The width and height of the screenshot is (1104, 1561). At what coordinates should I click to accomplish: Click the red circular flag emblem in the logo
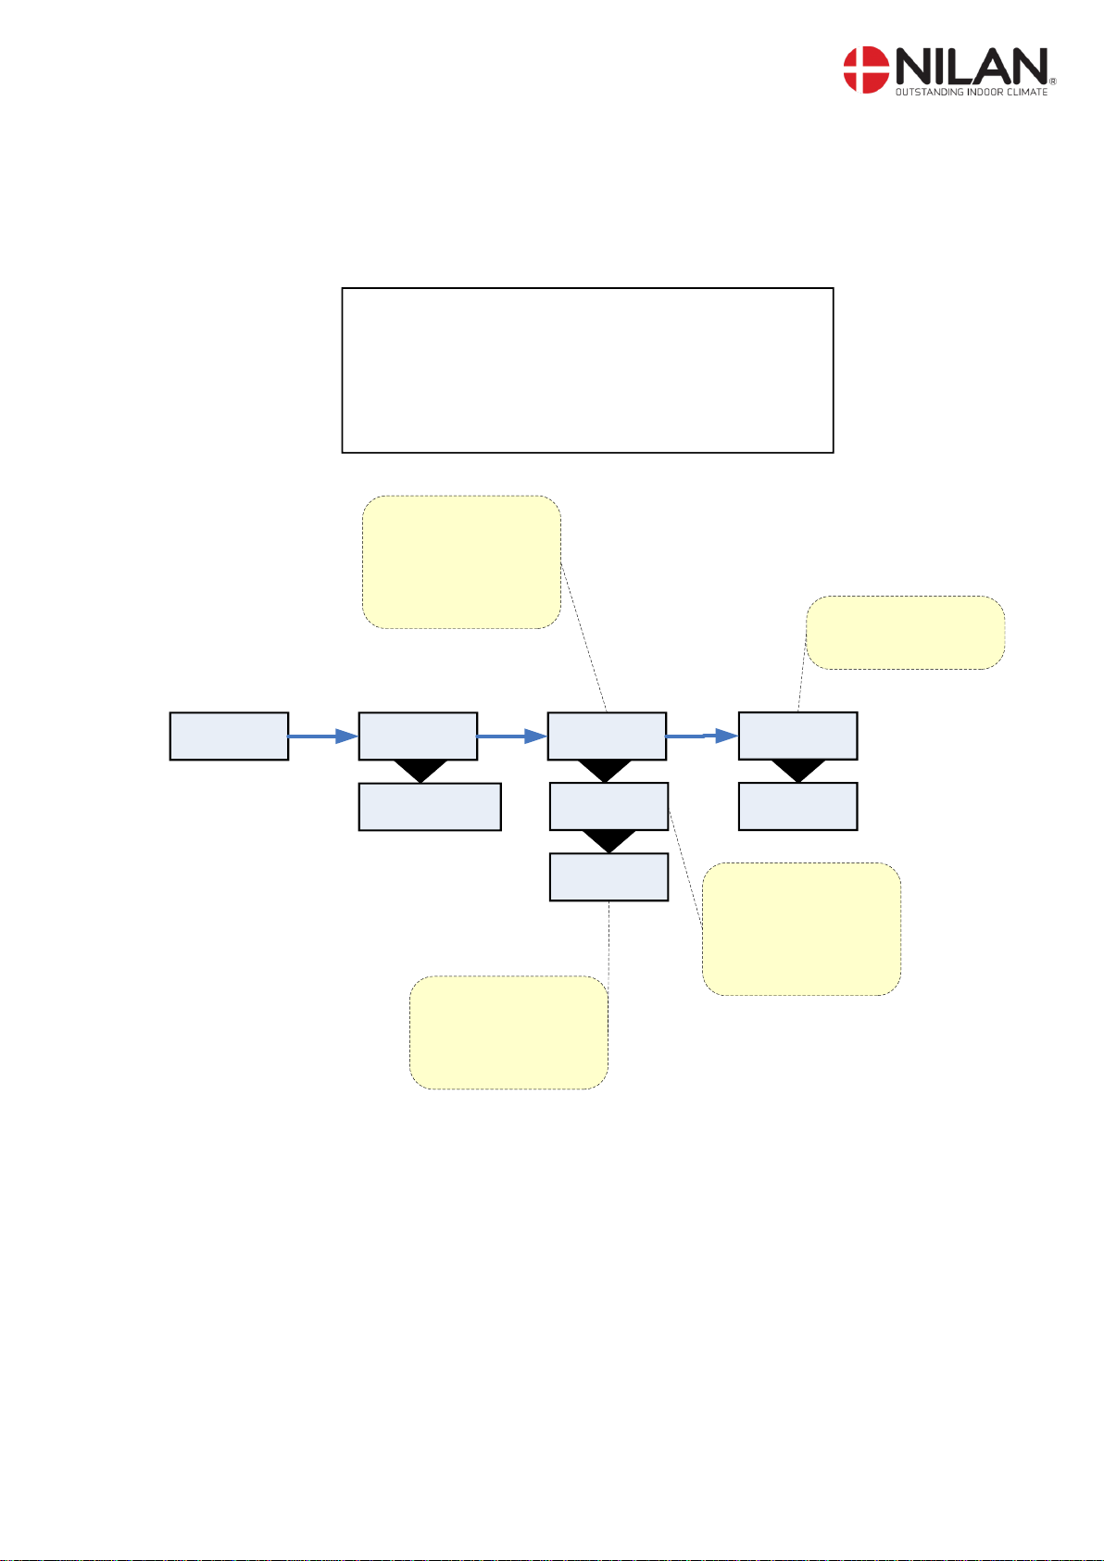(x=865, y=70)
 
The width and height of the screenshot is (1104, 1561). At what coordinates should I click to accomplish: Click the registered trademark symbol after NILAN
(x=1052, y=82)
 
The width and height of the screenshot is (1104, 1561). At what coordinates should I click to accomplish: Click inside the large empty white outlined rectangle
(x=587, y=370)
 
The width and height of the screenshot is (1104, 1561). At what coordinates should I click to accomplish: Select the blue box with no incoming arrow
(x=229, y=736)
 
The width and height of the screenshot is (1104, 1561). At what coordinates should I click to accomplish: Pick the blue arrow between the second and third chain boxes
(x=511, y=736)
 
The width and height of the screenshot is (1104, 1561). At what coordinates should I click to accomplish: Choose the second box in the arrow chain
(x=418, y=736)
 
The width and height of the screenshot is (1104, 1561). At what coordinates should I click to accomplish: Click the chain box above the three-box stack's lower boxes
(x=607, y=736)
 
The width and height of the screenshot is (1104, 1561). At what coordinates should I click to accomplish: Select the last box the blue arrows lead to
(x=797, y=736)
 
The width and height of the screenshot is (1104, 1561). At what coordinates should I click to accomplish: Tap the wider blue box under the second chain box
(x=430, y=806)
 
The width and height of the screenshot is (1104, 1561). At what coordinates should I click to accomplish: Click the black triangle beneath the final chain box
(x=797, y=770)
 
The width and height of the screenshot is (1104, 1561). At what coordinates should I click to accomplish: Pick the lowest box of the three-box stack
(x=608, y=876)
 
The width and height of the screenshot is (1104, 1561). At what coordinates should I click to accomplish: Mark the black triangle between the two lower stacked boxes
(x=608, y=840)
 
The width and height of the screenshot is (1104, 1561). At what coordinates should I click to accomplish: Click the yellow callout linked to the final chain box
(x=905, y=633)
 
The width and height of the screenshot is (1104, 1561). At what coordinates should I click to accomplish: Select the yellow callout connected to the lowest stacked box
(x=508, y=1032)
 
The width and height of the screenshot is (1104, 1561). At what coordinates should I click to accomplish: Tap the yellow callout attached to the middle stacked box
(x=801, y=929)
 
